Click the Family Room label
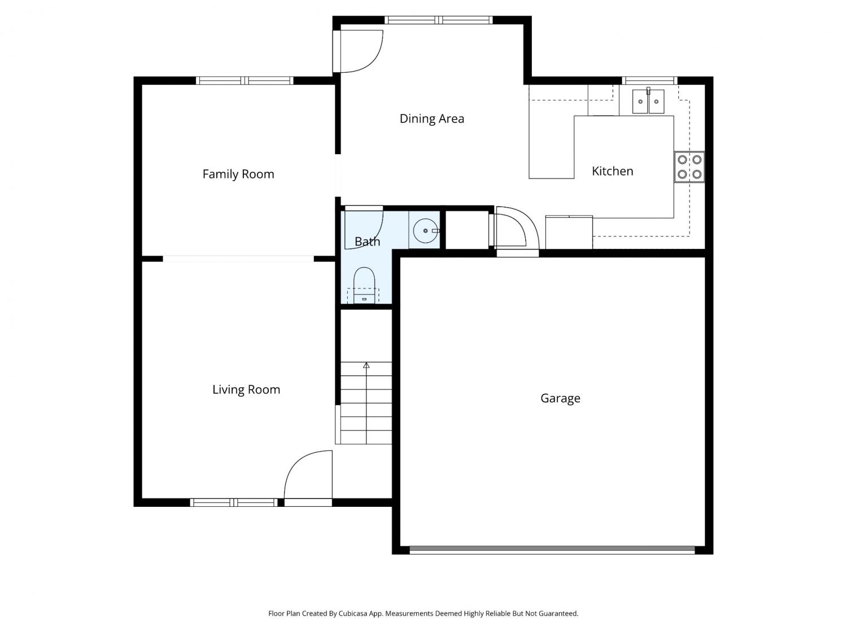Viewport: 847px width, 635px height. [x=238, y=174]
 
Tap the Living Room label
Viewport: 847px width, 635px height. [x=246, y=389]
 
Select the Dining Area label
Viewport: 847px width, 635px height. [x=432, y=119]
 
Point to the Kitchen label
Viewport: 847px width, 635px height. [x=613, y=171]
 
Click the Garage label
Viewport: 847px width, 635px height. [x=560, y=398]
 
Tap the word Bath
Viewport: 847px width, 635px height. [x=368, y=242]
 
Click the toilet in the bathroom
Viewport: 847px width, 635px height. [x=364, y=285]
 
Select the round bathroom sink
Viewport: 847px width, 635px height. [x=426, y=230]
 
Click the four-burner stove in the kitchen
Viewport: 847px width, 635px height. [x=689, y=167]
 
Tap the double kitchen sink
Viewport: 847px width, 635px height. [x=648, y=102]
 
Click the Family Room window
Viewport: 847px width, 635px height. [x=245, y=81]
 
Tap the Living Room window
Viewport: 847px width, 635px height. [x=234, y=502]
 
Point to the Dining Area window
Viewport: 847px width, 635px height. [x=439, y=20]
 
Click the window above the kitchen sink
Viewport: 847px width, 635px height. [x=649, y=81]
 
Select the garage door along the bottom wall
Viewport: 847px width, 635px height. [x=552, y=550]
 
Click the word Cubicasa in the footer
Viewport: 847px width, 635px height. [x=353, y=614]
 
